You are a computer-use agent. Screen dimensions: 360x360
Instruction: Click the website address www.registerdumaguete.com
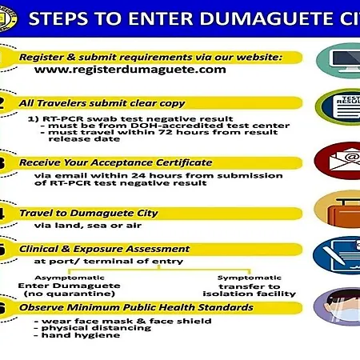click(x=130, y=70)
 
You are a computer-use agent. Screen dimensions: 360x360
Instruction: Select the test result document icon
click(x=346, y=107)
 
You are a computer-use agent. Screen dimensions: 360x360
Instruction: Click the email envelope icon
click(x=345, y=160)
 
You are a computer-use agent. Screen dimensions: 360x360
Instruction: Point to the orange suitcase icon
click(x=344, y=213)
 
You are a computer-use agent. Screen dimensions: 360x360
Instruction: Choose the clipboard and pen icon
click(x=345, y=256)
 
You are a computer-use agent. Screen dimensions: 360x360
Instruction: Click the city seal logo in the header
click(x=7, y=18)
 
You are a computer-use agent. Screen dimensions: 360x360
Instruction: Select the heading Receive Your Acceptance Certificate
click(x=116, y=162)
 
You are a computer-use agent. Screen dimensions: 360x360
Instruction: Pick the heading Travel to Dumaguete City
click(x=89, y=213)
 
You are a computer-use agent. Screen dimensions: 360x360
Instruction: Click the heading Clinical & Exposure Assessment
click(x=104, y=249)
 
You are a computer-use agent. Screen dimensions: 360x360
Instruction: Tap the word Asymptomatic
click(x=70, y=278)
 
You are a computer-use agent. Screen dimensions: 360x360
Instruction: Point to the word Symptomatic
click(x=250, y=278)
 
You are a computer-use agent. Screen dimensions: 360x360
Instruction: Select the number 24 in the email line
click(x=138, y=175)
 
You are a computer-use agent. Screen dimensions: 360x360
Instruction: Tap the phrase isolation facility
click(x=250, y=294)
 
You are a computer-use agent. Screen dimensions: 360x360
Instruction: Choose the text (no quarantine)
click(x=70, y=294)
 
